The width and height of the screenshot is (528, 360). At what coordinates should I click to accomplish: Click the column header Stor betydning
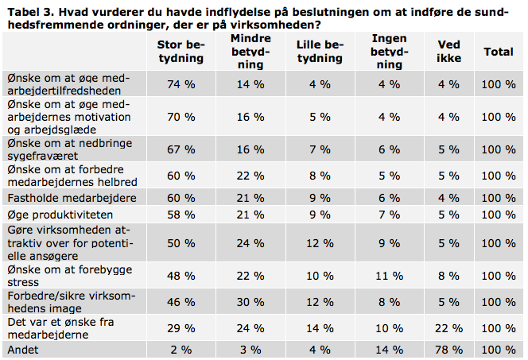(181, 52)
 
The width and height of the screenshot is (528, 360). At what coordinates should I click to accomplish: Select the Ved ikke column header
(448, 52)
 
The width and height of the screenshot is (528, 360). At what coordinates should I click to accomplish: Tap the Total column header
(499, 52)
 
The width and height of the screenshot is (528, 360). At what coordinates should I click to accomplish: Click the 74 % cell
(181, 84)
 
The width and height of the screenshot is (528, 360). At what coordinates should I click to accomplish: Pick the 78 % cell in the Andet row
(448, 350)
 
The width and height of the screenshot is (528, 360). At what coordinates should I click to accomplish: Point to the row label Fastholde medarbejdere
(72, 198)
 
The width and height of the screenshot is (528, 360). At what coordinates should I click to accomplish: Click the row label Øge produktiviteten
(60, 215)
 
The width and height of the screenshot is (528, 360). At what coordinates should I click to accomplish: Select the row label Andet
(23, 350)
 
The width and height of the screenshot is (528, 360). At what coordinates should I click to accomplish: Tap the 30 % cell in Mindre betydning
(250, 302)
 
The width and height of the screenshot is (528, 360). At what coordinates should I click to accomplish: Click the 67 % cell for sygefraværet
(181, 149)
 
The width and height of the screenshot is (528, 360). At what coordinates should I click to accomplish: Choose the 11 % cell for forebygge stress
(390, 276)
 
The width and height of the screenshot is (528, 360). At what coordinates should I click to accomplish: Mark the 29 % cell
(181, 328)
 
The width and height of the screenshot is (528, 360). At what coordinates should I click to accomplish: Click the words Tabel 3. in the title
(31, 13)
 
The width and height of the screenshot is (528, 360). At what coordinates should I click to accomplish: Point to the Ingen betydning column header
(390, 52)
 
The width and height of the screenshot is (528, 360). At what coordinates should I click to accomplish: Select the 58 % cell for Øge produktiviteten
(181, 215)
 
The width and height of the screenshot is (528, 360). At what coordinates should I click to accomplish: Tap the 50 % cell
(181, 243)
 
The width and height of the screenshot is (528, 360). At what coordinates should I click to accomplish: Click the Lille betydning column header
(320, 52)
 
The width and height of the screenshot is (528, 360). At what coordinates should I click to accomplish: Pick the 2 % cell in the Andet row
(181, 350)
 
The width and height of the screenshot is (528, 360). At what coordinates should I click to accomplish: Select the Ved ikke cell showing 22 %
(448, 328)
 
